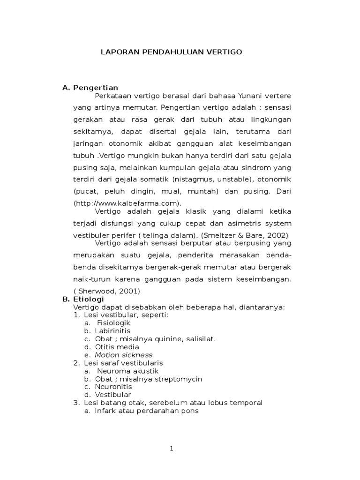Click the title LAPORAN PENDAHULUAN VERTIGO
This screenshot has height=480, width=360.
(172, 52)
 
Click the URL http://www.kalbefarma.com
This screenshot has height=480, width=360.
(127, 203)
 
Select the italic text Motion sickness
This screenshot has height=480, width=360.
(124, 355)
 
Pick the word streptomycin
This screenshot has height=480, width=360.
(178, 379)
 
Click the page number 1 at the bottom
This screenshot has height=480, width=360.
(172, 449)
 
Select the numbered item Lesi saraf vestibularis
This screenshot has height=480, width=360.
(123, 363)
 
